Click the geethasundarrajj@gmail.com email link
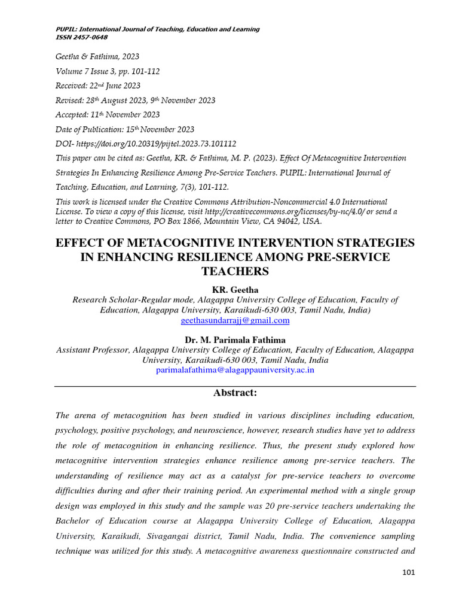(235, 320)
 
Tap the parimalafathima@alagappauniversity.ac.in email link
(235, 370)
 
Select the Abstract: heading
(235, 393)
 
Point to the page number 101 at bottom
(409, 572)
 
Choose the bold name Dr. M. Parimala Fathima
(235, 339)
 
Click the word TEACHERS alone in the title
(235, 271)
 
